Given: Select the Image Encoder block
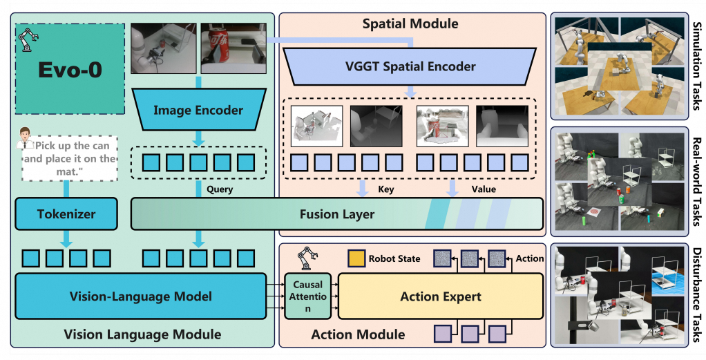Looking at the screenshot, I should pyautogui.click(x=198, y=110).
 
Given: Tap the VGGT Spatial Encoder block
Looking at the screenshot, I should pyautogui.click(x=410, y=66).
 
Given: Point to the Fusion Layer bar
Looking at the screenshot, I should pyautogui.click(x=337, y=214).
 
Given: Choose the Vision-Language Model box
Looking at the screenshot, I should pyautogui.click(x=140, y=296).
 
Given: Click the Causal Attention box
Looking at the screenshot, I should pyautogui.click(x=308, y=296).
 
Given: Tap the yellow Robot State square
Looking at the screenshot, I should pyautogui.click(x=356, y=259).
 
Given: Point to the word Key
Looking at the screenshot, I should pyautogui.click(x=385, y=189).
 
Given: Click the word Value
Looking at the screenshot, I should pyautogui.click(x=482, y=189).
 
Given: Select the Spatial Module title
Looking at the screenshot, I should pyautogui.click(x=410, y=23).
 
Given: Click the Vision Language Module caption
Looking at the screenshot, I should pyautogui.click(x=142, y=334).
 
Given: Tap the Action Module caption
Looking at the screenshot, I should pyautogui.click(x=358, y=334).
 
